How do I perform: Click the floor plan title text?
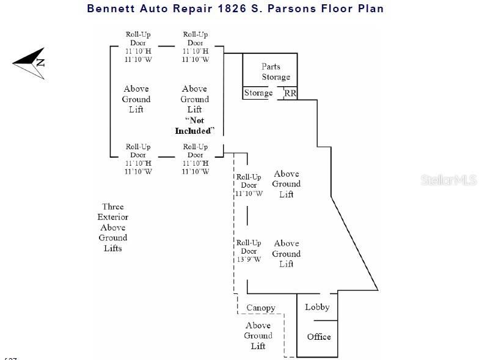click(x=235, y=9)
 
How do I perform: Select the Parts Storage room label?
click(x=276, y=72)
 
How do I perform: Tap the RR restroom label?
click(x=291, y=94)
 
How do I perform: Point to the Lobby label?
click(x=317, y=307)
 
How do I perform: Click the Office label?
click(x=319, y=337)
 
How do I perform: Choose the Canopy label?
click(x=261, y=307)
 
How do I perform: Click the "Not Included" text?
click(x=195, y=125)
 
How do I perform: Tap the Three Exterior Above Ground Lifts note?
click(x=113, y=227)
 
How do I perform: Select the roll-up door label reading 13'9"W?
click(x=249, y=251)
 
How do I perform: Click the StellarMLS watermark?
click(x=448, y=180)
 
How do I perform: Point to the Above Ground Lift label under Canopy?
click(x=258, y=336)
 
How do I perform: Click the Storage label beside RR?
click(x=258, y=93)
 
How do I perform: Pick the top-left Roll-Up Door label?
click(x=138, y=47)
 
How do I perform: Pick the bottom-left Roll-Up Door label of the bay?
click(x=138, y=159)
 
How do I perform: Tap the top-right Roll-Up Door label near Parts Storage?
click(x=196, y=47)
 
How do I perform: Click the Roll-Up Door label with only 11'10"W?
click(x=249, y=185)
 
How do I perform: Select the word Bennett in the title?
click(x=111, y=9)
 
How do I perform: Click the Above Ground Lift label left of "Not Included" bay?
click(x=136, y=99)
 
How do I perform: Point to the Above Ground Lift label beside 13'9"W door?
click(x=287, y=254)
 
